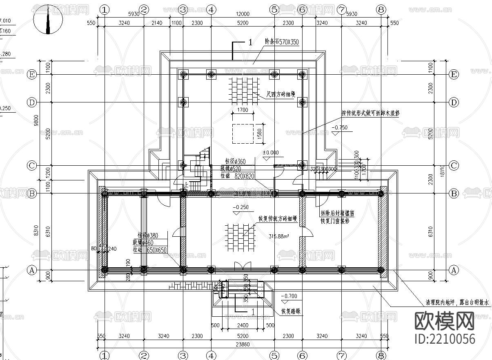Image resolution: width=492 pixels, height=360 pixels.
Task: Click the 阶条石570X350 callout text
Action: pos(282,42)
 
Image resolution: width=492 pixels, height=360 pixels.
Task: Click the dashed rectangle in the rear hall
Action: pos(244,133)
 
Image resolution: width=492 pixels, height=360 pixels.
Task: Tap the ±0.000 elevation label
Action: pos(270,153)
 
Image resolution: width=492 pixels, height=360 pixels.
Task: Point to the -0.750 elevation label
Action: pos(340,128)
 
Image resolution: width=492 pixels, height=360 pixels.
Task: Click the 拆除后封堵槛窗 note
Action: pos(337,213)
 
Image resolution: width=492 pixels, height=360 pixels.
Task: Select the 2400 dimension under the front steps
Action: pos(242,326)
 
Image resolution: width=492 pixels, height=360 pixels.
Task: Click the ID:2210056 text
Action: pos(445,339)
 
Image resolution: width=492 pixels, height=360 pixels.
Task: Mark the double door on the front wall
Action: pos(243,266)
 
